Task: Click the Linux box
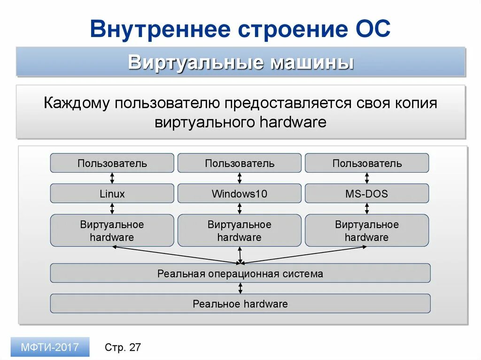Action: [112, 193]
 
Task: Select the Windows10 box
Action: [240, 193]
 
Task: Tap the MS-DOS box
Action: [367, 193]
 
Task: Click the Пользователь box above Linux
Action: [112, 163]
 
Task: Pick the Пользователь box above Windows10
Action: [240, 163]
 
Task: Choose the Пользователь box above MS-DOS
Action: [367, 163]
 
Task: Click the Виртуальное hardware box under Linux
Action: [112, 230]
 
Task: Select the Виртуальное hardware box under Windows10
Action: [240, 230]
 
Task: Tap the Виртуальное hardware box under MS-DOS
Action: [367, 230]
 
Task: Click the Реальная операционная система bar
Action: [240, 273]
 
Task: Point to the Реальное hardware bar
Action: [240, 304]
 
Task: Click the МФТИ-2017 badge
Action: [50, 347]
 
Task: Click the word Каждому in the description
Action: [76, 103]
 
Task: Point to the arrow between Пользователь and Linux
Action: [112, 178]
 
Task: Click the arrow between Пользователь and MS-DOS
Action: [367, 178]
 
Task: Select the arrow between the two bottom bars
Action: [240, 288]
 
